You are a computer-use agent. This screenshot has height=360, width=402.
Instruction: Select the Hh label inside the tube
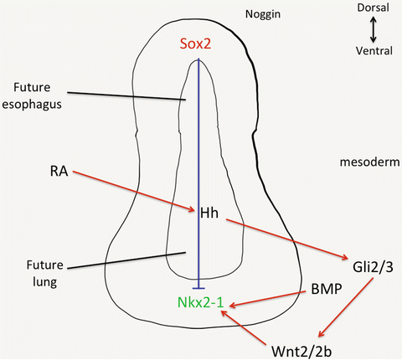[x=209, y=213]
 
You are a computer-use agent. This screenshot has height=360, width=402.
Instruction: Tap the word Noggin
[x=262, y=14]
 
